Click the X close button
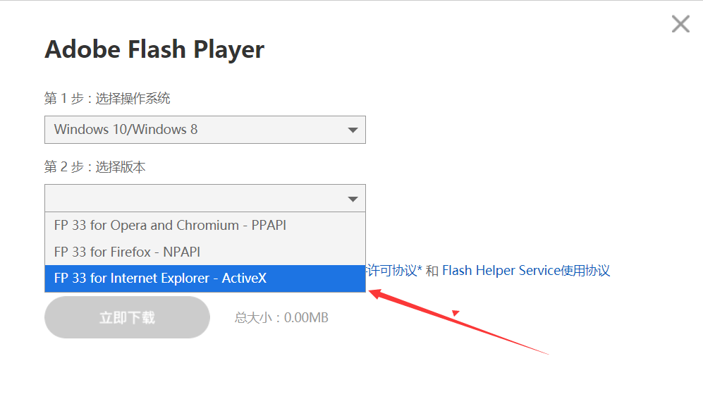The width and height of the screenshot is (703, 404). pyautogui.click(x=680, y=24)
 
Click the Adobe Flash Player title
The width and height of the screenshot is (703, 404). pyautogui.click(x=154, y=49)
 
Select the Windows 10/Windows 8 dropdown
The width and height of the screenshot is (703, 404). pyautogui.click(x=205, y=130)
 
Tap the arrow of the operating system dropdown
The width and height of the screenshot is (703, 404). pyautogui.click(x=353, y=130)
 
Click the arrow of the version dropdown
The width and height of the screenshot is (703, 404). pyautogui.click(x=353, y=199)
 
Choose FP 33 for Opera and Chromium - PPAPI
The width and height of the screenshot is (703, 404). pyautogui.click(x=170, y=225)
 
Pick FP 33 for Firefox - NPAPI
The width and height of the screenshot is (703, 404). pyautogui.click(x=127, y=252)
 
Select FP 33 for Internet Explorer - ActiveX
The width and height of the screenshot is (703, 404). pyautogui.click(x=160, y=278)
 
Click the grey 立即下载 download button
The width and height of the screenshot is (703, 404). pyautogui.click(x=127, y=317)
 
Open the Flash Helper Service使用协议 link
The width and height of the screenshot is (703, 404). pyautogui.click(x=526, y=270)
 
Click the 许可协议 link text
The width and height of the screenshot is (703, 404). pyautogui.click(x=392, y=270)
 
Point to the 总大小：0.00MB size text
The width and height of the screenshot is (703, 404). pyautogui.click(x=281, y=317)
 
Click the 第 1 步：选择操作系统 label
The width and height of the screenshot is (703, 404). pyautogui.click(x=107, y=98)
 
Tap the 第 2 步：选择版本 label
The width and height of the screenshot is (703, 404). pyautogui.click(x=94, y=167)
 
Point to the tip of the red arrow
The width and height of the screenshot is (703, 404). pyautogui.click(x=369, y=292)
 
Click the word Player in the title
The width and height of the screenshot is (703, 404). pyautogui.click(x=228, y=49)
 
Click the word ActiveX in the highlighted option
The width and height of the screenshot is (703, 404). pyautogui.click(x=244, y=278)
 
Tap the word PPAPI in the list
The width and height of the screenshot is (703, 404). pyautogui.click(x=269, y=225)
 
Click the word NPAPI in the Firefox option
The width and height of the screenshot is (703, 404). pyautogui.click(x=182, y=252)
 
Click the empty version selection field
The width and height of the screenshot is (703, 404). pyautogui.click(x=196, y=198)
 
